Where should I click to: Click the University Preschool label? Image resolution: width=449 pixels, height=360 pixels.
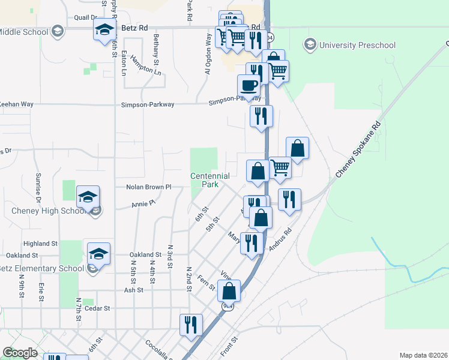click(357, 45)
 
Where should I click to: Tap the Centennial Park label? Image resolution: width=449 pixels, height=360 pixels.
click(209, 180)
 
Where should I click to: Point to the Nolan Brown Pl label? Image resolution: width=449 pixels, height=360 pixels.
click(149, 187)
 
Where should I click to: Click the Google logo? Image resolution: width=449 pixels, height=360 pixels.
click(20, 353)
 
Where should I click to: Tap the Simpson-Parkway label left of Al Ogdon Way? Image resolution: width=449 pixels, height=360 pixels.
click(149, 104)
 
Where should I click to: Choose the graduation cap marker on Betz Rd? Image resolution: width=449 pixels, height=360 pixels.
click(104, 29)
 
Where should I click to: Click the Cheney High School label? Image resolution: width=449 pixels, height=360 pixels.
click(48, 211)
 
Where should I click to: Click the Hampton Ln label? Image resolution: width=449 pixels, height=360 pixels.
click(146, 66)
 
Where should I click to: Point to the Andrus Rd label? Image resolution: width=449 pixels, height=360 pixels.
click(280, 239)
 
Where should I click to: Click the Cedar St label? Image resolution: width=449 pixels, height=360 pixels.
click(98, 308)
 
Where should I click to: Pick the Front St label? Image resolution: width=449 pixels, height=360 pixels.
click(229, 347)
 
